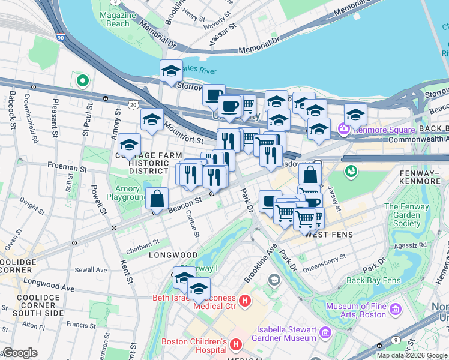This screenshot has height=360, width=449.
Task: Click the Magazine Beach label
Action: [114, 19]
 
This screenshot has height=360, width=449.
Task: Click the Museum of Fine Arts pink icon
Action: [395, 310]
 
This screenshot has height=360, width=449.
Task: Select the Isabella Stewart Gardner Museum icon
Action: [324, 332]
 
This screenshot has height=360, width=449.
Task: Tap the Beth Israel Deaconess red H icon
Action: [244, 300]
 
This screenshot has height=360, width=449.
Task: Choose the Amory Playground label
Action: [131, 193]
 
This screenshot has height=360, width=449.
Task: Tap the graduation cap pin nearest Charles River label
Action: [171, 71]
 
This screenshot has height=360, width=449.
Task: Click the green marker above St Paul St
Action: [81, 80]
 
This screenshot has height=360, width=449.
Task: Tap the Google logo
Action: [20, 353]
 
